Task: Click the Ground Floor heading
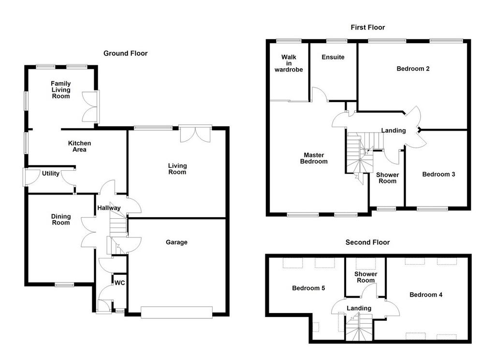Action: tap(125, 53)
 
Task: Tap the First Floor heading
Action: tap(368, 28)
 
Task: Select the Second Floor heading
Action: tap(367, 242)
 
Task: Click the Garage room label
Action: tap(176, 242)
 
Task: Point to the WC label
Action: tap(120, 283)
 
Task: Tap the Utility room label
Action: tap(50, 174)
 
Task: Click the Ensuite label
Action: tap(333, 57)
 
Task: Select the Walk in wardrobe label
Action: tap(289, 63)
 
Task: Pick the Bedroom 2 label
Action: tap(413, 69)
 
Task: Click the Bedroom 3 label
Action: tap(438, 174)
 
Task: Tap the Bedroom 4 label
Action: tap(426, 295)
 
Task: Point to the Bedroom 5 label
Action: tap(308, 288)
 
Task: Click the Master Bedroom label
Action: tap(314, 158)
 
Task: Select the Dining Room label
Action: tap(61, 219)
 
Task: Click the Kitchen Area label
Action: tap(80, 146)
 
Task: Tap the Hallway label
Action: tap(109, 208)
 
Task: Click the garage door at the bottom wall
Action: tap(177, 312)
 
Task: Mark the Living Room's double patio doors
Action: tap(195, 134)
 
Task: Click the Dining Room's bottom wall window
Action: tap(64, 285)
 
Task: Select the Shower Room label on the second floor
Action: tap(365, 277)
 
